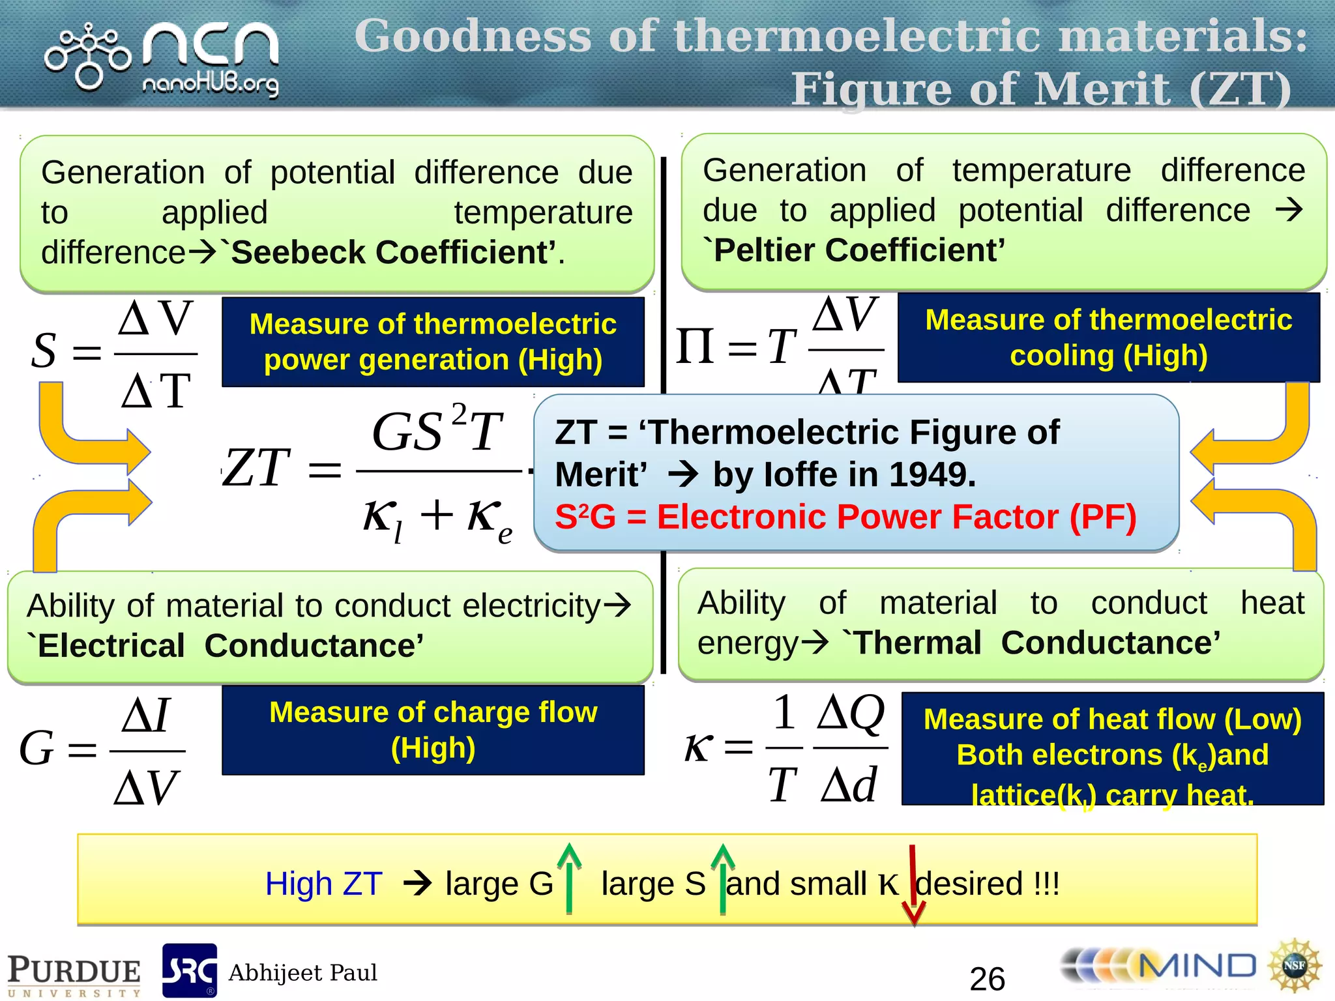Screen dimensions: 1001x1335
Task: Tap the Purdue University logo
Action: tap(74, 974)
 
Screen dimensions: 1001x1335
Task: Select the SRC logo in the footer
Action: tap(189, 970)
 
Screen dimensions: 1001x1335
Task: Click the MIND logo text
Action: tap(1196, 966)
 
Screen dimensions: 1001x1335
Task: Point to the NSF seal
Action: tap(1294, 966)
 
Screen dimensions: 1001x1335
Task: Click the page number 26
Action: tap(987, 978)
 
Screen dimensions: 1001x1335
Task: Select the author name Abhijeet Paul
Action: tap(302, 972)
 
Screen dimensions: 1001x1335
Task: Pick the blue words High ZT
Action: tap(323, 884)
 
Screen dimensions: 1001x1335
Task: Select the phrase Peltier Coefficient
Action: tap(859, 250)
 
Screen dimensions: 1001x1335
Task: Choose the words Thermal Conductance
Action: tap(1036, 643)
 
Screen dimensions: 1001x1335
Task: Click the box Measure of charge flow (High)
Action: tap(433, 730)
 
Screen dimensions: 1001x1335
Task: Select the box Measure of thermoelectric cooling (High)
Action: tap(1108, 338)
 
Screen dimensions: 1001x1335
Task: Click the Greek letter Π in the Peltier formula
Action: tap(696, 345)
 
